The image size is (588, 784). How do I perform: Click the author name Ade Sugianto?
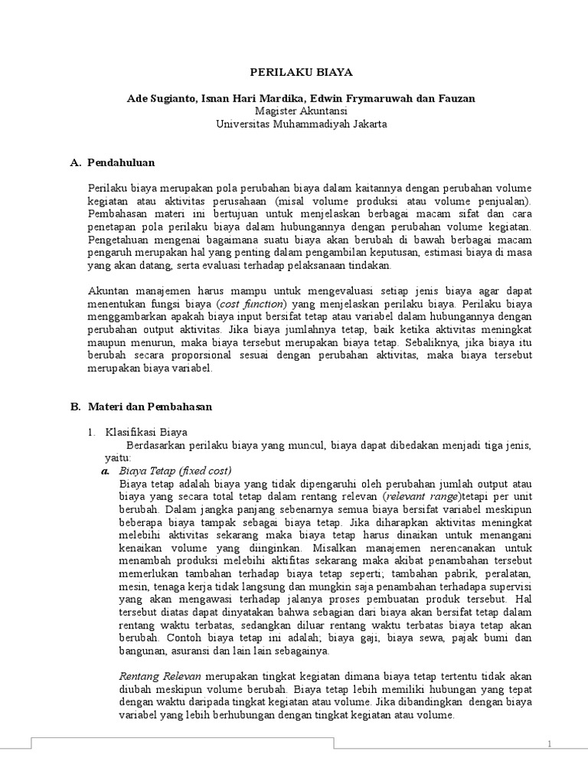pos(159,98)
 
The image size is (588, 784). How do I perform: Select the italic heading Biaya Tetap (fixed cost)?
pos(175,469)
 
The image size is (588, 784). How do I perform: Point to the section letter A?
pos(75,162)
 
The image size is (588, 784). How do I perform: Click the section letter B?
pos(75,407)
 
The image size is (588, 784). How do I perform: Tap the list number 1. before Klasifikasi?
pos(91,433)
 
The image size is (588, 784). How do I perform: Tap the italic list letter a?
pos(106,469)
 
